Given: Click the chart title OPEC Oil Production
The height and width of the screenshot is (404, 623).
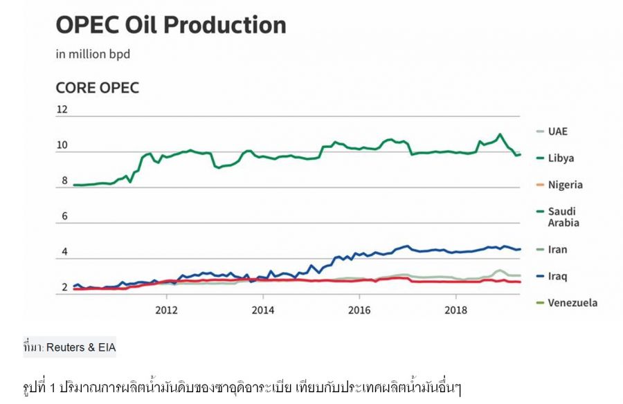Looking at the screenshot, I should click(170, 26).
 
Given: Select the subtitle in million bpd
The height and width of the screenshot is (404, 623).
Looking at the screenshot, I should click(93, 54).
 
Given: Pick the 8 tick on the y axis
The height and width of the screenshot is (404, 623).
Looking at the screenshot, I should click(65, 181).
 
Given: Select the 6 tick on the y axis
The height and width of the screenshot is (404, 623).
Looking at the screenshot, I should click(65, 217).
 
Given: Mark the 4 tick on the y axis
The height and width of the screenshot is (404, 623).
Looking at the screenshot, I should click(65, 252).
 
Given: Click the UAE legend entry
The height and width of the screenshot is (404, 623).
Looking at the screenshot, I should click(557, 131).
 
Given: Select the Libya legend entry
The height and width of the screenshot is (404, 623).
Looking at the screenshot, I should click(561, 158).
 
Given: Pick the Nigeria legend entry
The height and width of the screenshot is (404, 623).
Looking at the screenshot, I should click(565, 185).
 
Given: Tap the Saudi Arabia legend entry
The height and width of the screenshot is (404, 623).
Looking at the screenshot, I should click(563, 217).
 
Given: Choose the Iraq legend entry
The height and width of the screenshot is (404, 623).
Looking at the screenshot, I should click(557, 276).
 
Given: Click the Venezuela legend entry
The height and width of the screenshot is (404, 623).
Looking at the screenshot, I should click(572, 302).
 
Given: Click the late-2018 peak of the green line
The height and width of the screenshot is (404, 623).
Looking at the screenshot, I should click(499, 134).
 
